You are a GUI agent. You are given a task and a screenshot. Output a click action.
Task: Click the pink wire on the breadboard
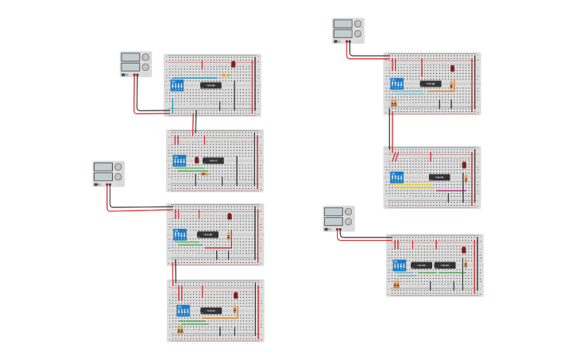pos(450,191)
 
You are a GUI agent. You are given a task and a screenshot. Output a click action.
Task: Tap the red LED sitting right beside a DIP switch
pos(197,161)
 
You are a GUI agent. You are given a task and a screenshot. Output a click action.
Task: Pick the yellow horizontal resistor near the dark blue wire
pos(225,75)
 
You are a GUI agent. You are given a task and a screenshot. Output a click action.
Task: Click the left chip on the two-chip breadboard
pos(421,265)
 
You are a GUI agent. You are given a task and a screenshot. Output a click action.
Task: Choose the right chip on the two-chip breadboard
pos(444,265)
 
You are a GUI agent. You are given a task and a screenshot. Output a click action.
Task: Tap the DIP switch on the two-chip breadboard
pos(399,265)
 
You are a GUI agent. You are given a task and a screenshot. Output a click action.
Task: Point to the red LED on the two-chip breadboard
pos(464,250)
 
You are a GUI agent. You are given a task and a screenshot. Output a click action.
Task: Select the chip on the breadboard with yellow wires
pos(439,177)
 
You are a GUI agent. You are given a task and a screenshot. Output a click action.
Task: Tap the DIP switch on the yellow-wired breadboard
pos(396,177)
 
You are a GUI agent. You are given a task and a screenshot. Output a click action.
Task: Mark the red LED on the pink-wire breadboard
pos(464,165)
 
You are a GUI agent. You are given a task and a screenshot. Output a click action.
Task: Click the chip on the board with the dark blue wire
pos(210,85)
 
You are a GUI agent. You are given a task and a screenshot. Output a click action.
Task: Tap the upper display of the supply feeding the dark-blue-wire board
pos(130,57)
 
